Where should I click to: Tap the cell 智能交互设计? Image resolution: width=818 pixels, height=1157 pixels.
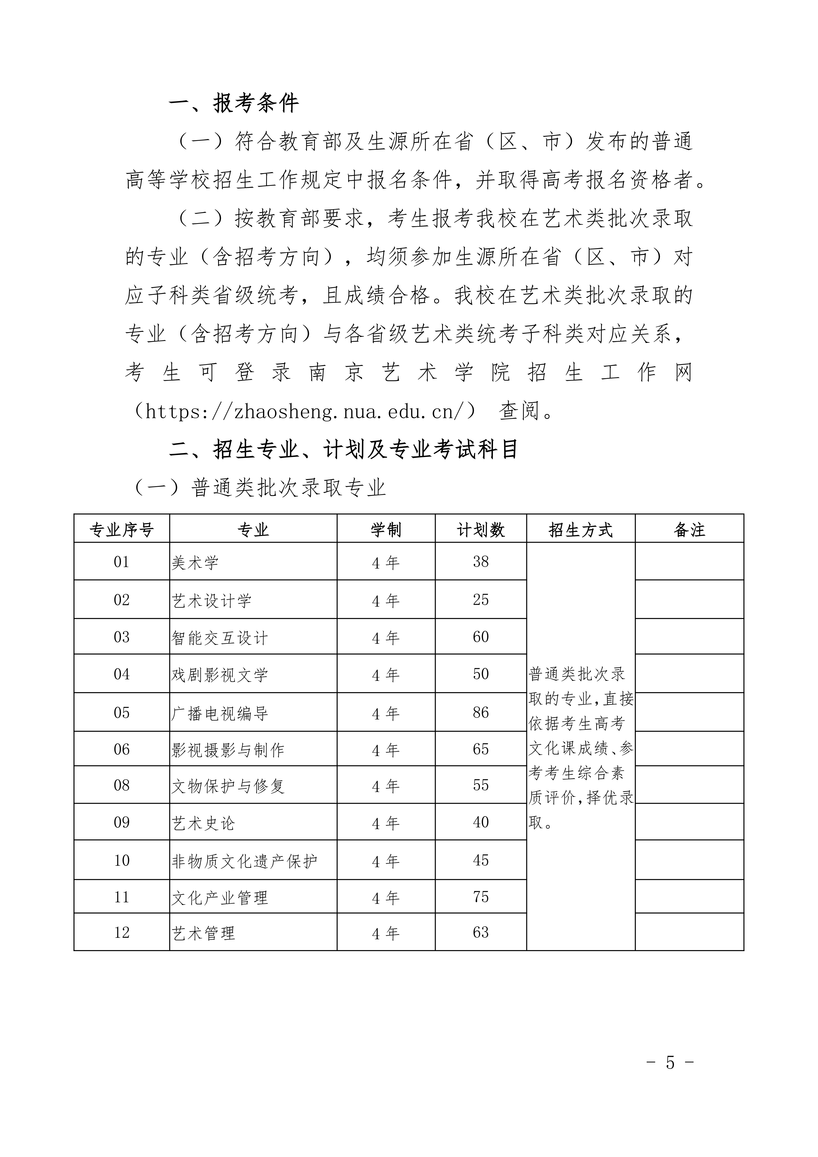(220, 638)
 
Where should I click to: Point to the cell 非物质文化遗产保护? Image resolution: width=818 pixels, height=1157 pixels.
(244, 861)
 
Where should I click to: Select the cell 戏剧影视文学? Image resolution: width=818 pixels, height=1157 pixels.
(220, 675)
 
